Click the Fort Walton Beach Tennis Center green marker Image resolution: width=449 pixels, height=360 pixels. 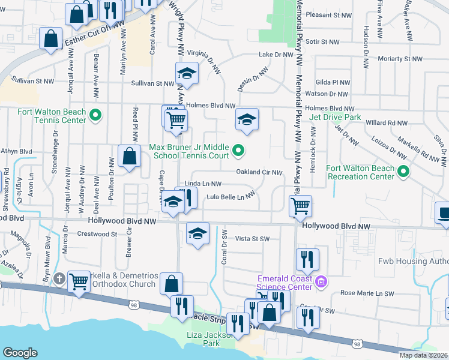[x=95, y=115]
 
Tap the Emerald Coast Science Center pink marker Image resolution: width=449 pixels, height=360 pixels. [x=322, y=281]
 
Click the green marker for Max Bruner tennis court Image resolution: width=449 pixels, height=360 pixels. [x=238, y=151]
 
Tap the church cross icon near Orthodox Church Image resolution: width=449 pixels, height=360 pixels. [x=59, y=278]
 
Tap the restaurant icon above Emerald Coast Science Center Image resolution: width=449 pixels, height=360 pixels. [x=307, y=259]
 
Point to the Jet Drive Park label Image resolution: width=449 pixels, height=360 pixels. [x=336, y=117]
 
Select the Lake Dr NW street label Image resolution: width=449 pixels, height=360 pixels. [x=276, y=55]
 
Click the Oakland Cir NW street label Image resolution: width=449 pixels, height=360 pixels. [x=259, y=172]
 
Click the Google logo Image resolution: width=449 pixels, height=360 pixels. [x=20, y=352]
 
